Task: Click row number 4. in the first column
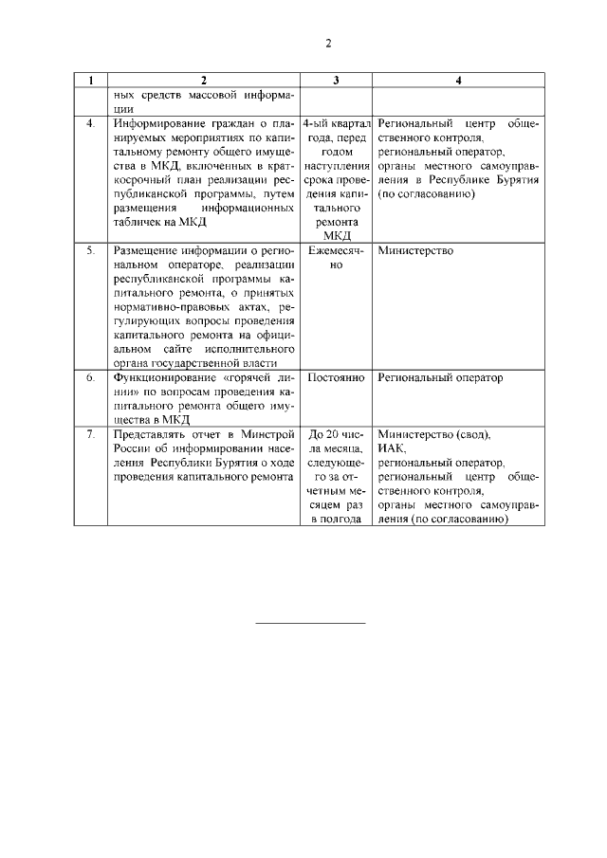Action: (x=90, y=124)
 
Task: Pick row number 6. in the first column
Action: (x=90, y=377)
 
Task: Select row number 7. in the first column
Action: (x=90, y=434)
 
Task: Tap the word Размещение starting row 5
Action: (x=147, y=250)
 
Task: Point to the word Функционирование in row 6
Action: (x=164, y=377)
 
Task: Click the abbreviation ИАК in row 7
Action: (x=390, y=448)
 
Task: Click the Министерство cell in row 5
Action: (x=414, y=250)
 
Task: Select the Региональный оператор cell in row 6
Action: (x=440, y=377)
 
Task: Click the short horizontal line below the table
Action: (x=311, y=623)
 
